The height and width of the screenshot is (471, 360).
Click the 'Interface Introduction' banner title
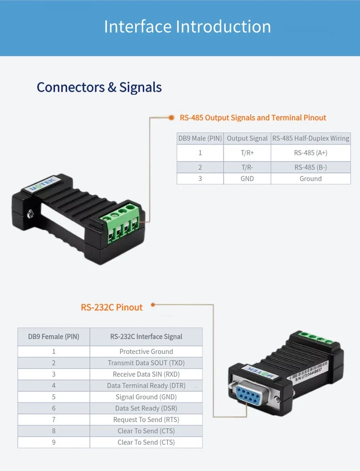(x=187, y=26)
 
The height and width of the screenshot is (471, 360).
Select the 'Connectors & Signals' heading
(x=99, y=87)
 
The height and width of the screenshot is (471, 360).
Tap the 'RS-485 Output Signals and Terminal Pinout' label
(x=253, y=118)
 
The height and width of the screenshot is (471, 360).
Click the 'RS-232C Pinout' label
(x=112, y=307)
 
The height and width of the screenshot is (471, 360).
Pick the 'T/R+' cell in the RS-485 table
(x=247, y=153)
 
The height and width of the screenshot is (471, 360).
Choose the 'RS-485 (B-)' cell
(x=310, y=167)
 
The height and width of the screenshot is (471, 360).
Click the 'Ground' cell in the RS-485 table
(x=310, y=179)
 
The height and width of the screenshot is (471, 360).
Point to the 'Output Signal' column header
(x=247, y=138)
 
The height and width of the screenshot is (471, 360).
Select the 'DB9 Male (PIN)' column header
(x=200, y=138)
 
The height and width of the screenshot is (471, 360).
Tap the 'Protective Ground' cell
(x=146, y=352)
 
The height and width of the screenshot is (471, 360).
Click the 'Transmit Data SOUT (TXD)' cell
(x=146, y=363)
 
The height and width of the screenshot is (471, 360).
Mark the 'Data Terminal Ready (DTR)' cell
(x=146, y=386)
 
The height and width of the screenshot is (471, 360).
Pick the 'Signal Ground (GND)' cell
(x=146, y=397)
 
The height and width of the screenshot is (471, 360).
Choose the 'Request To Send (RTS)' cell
(x=146, y=419)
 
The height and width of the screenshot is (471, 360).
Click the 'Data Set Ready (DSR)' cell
(x=146, y=409)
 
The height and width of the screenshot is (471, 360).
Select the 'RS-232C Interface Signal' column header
(x=146, y=337)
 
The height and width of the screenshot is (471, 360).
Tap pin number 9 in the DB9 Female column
(x=54, y=442)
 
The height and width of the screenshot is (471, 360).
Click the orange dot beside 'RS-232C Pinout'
(x=153, y=304)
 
